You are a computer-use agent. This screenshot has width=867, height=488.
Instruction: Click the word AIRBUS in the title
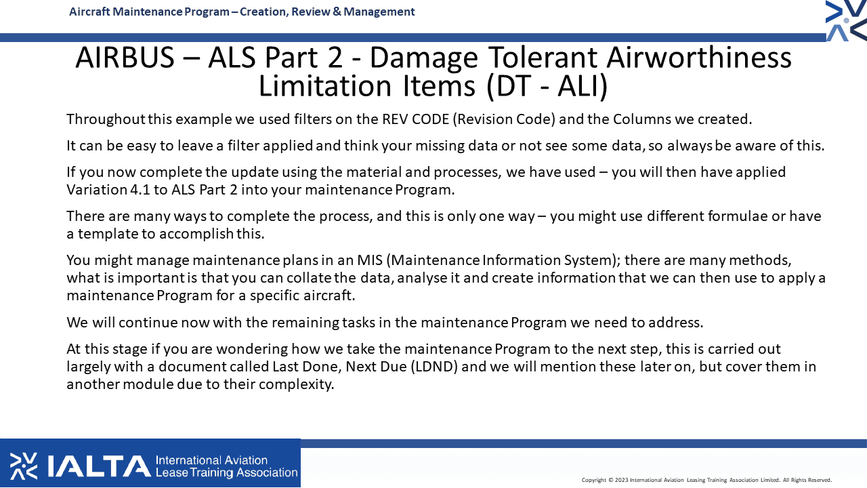(x=125, y=58)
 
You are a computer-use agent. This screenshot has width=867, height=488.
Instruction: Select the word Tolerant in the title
(x=543, y=58)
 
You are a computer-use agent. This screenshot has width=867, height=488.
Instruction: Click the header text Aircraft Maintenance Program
(x=149, y=12)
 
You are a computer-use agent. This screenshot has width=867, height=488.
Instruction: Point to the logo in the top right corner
(x=846, y=20)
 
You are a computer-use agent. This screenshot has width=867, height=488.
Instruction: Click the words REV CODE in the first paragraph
(x=416, y=119)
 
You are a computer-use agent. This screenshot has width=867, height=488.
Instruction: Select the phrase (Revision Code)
(x=504, y=119)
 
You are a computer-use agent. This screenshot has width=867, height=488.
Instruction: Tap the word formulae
(x=738, y=216)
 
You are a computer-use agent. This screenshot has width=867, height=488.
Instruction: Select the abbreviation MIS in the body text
(x=370, y=260)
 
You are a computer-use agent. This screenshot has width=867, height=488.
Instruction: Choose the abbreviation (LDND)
(x=434, y=367)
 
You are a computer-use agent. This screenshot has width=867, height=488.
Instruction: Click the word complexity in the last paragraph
(x=296, y=384)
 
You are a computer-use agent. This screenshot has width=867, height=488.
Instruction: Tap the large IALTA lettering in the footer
(x=99, y=466)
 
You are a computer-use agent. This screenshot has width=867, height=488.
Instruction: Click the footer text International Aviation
(x=212, y=460)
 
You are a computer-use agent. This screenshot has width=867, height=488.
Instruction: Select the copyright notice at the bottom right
(x=706, y=481)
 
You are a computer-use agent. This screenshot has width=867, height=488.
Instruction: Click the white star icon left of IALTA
(x=24, y=466)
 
